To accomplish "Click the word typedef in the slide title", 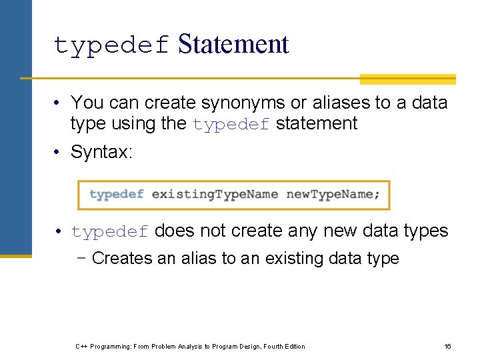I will point(112,46).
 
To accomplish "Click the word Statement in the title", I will point(233,44).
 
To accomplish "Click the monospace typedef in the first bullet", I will point(231,125).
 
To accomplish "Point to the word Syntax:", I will point(102,152).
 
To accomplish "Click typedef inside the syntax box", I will point(117,195).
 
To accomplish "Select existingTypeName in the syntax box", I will point(215,195).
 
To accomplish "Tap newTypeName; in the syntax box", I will point(333,195).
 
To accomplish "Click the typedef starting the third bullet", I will point(110,232).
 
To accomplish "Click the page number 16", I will point(448,346).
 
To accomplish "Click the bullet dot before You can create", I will point(59,103).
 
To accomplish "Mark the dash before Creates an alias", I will point(83,258).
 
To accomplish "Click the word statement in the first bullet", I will point(317,123).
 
